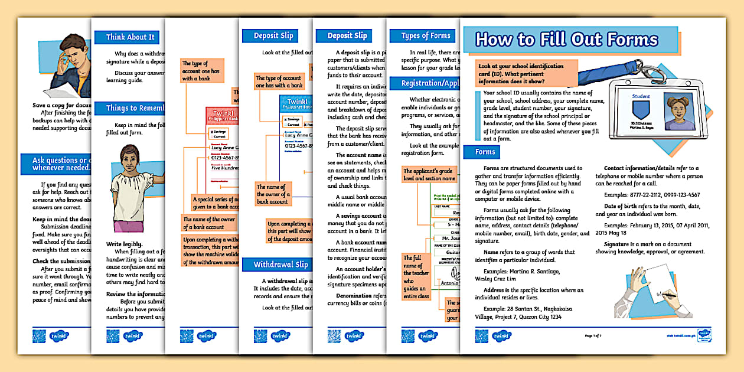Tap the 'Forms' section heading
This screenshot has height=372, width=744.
(485, 152)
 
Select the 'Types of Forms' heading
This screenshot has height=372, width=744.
(425, 36)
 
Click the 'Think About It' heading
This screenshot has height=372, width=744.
(130, 37)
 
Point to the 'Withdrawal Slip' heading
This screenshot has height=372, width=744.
(280, 265)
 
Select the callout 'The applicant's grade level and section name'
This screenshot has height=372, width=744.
(429, 174)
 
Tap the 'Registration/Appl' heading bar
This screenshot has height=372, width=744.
(425, 83)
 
